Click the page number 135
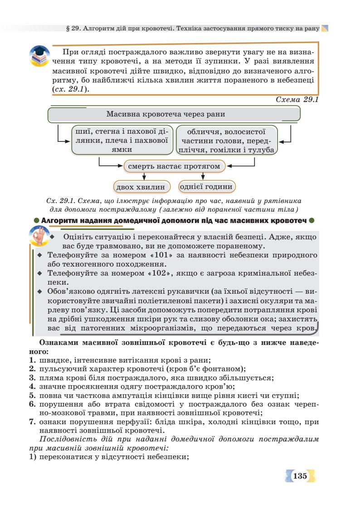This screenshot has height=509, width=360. (300, 476)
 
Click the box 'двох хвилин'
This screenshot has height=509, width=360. (142, 187)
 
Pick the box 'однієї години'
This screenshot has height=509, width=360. (207, 186)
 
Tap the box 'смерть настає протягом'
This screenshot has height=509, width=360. (174, 166)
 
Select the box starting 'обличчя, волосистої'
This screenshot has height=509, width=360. (226, 141)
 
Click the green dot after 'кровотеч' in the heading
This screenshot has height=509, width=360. (311, 221)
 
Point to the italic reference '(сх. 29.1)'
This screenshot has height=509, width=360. (70, 89)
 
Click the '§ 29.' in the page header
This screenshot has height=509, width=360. (74, 28)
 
